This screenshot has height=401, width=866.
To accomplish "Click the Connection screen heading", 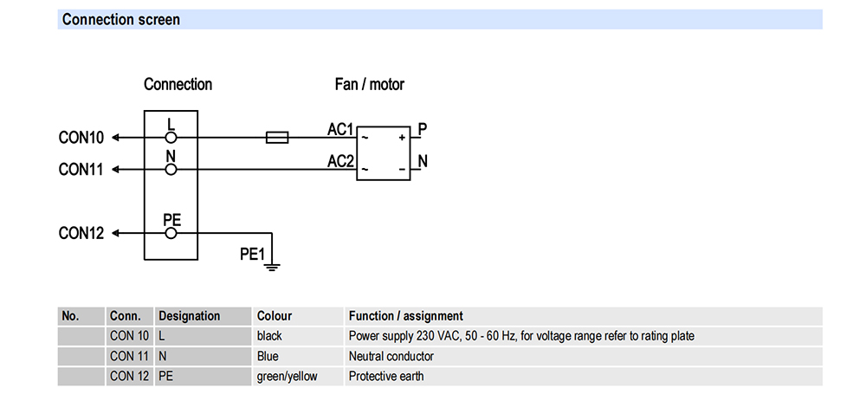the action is click(x=121, y=20).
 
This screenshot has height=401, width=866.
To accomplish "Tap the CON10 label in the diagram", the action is click(x=81, y=138).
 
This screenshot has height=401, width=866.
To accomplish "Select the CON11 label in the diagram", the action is click(x=81, y=170).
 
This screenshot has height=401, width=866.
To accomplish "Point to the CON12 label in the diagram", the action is click(x=81, y=234).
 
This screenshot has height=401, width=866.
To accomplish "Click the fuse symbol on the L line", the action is click(x=277, y=138).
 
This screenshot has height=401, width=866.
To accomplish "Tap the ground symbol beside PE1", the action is click(x=272, y=268).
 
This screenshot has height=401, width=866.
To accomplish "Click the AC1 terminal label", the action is click(x=340, y=129).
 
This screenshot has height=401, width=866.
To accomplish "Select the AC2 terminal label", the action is click(x=340, y=161).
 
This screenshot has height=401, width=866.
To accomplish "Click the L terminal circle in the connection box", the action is click(x=171, y=138).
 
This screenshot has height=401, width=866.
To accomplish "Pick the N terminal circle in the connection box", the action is click(x=171, y=170).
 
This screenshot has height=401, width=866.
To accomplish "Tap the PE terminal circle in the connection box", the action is click(x=171, y=234).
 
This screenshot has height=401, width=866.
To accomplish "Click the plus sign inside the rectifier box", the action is click(x=402, y=137).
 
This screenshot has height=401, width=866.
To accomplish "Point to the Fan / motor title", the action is click(x=370, y=85).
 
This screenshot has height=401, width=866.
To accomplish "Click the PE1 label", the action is click(x=252, y=254).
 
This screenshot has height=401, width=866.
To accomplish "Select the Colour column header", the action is click(x=275, y=316).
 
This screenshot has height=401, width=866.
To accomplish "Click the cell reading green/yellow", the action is click(x=288, y=377).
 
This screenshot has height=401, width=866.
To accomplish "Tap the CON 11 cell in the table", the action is click(x=129, y=356).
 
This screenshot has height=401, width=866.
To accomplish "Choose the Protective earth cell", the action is click(x=386, y=377).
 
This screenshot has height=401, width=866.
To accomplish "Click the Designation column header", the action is click(x=190, y=316).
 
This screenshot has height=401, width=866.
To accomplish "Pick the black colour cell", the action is click(x=269, y=336).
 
